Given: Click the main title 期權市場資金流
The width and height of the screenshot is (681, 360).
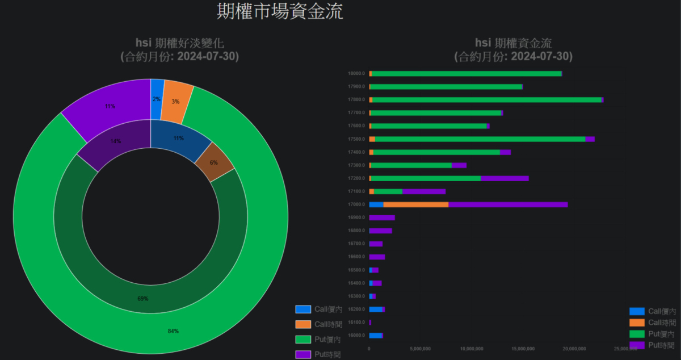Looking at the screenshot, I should [280, 11].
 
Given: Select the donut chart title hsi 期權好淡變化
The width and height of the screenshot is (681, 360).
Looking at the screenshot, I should [179, 43].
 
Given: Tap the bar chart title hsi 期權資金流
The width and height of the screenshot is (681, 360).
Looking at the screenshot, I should [513, 43].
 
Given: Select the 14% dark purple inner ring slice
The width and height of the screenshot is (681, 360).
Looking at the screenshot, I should [115, 142].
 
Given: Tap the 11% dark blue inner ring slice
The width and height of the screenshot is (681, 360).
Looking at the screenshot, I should [178, 138].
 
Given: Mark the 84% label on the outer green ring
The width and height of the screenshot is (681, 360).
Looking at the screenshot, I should [173, 332].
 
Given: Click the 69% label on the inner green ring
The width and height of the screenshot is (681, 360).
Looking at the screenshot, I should [143, 299].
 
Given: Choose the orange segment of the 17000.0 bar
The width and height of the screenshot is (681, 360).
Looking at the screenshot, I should [415, 204].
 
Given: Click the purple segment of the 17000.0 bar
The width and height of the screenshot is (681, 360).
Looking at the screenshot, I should [508, 204].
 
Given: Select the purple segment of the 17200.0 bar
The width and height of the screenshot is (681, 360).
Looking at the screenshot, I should [505, 178].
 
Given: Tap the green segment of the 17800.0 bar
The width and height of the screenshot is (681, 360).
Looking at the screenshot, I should [486, 100].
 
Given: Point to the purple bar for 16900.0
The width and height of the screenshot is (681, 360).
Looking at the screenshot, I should [382, 217].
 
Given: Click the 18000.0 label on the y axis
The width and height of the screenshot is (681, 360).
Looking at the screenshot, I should [356, 74].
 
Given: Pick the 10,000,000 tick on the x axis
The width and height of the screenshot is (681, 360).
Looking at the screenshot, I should [471, 348].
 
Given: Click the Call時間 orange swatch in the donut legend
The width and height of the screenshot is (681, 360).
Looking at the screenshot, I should [303, 324].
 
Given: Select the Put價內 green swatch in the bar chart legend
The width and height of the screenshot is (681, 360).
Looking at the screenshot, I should [637, 333].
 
